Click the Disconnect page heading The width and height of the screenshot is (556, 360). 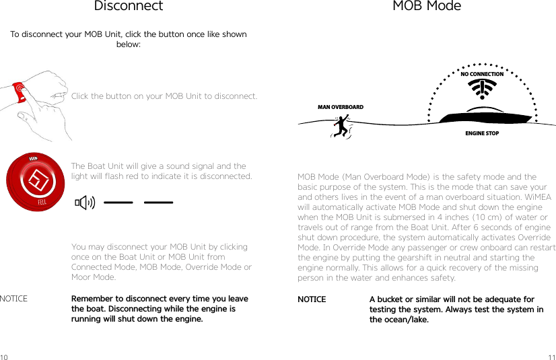coord(128,7)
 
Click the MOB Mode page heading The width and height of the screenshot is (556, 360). coord(427,7)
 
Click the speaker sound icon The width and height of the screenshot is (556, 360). coord(84,202)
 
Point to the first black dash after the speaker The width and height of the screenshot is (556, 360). coord(118,202)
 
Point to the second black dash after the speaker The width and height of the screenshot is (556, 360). coord(158,202)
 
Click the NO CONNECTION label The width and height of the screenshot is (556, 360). coord(482,75)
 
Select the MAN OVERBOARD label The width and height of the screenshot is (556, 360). coord(340,108)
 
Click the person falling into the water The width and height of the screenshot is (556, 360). coord(342,126)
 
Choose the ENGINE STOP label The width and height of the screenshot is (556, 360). coord(482,133)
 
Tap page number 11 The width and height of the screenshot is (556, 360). coord(551,355)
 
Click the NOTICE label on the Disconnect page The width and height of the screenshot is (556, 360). coord(14,299)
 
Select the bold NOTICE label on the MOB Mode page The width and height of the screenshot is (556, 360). coord(312,299)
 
